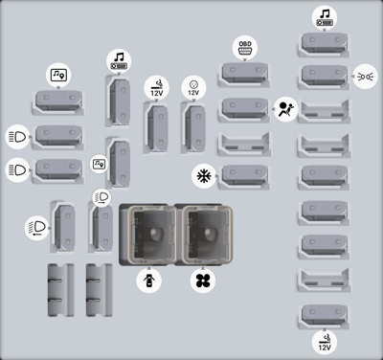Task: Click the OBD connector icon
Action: [x=245, y=48]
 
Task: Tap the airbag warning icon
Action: [x=285, y=109]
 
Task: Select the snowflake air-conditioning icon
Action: [x=204, y=176]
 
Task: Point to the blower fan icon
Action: [x=203, y=281]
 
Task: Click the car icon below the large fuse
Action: [x=149, y=281]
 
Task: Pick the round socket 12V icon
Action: [x=193, y=88]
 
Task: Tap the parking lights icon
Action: [x=365, y=77]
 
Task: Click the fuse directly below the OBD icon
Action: [x=245, y=74]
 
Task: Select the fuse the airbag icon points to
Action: [x=245, y=109]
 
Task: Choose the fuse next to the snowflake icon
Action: [x=245, y=176]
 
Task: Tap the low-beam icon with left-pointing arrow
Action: [x=37, y=228]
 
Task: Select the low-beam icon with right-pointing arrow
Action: [x=101, y=197]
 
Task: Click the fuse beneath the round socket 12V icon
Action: [x=194, y=128]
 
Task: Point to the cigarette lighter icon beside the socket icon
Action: [x=157, y=88]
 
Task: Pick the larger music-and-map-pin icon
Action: [x=58, y=76]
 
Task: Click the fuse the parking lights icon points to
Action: [x=325, y=77]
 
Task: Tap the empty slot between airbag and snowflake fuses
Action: [x=245, y=145]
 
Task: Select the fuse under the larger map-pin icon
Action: [x=58, y=101]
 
